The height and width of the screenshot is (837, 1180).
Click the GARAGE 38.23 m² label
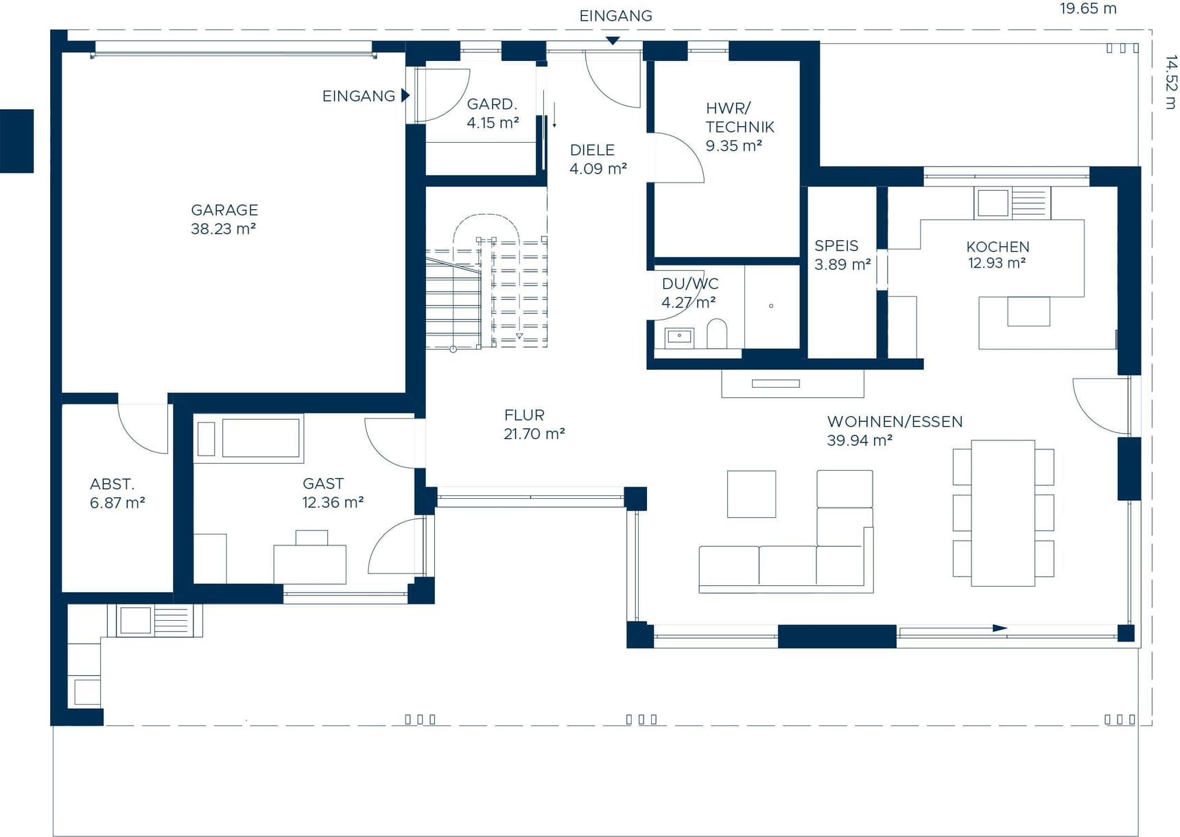click(224, 220)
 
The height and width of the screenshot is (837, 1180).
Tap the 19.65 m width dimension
click(1087, 9)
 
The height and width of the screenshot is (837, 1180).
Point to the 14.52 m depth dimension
click(1170, 82)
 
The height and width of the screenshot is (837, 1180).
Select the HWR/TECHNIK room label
click(739, 127)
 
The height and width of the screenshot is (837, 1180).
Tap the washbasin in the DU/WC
click(679, 337)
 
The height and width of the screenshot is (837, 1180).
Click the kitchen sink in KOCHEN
click(993, 203)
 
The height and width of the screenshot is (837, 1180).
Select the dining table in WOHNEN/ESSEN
click(1003, 512)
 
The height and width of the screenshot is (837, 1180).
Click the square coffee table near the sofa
click(751, 494)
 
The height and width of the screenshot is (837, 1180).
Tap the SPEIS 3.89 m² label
click(842, 255)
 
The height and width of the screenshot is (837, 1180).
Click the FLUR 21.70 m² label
click(534, 425)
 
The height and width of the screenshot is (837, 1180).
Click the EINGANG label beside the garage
click(359, 96)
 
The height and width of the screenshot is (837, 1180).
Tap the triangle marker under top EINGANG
click(613, 41)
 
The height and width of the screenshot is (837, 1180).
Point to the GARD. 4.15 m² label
click(493, 114)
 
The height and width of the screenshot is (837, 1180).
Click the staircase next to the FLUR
click(486, 295)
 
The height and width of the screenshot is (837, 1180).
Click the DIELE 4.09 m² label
click(598, 159)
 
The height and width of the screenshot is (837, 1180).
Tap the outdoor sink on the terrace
click(136, 621)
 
